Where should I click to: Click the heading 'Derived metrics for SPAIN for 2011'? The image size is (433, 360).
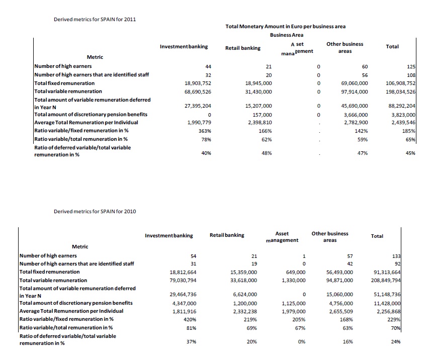[x=95, y=20]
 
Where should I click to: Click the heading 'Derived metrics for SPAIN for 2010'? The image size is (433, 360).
[x=95, y=211]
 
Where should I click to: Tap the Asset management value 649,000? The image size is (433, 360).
[x=295, y=272]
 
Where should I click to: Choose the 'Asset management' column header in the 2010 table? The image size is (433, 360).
[x=282, y=237]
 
